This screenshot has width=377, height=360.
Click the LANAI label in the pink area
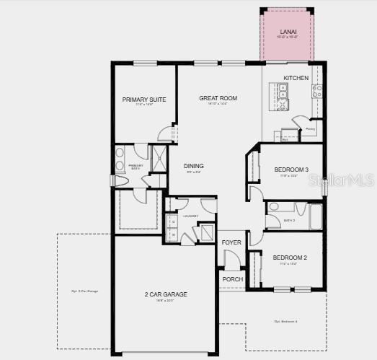288,32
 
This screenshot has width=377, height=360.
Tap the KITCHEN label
296,78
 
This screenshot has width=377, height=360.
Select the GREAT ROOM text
218,98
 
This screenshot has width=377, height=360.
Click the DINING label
193,165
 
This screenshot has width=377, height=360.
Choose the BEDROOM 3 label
291,170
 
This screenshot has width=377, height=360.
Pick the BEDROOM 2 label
290,258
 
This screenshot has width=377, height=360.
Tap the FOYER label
231,242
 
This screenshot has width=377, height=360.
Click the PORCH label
232,279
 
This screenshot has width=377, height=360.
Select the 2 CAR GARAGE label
165,294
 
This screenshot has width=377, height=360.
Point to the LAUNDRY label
190,216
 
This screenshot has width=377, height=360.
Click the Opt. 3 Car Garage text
84,291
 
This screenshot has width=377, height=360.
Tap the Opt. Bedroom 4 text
285,321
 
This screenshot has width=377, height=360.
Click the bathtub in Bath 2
316,217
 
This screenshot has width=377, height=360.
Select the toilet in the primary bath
120,183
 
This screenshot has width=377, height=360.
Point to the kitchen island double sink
283,91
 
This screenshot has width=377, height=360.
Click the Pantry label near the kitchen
310,129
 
